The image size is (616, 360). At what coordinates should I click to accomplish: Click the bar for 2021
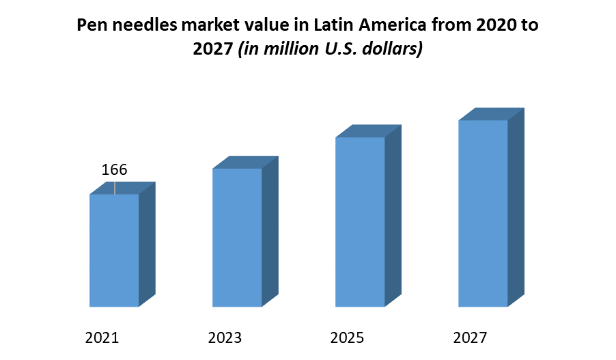pyautogui.click(x=114, y=250)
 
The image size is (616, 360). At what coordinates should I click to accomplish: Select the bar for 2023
pyautogui.click(x=237, y=237)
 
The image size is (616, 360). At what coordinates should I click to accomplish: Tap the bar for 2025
pyautogui.click(x=360, y=222)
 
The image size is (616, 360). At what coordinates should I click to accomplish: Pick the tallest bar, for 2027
pyautogui.click(x=483, y=213)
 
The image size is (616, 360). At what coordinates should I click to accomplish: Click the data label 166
pyautogui.click(x=115, y=170)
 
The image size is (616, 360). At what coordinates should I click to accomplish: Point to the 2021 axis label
pyautogui.click(x=102, y=337)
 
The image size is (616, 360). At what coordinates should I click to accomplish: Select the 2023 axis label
pyautogui.click(x=225, y=337)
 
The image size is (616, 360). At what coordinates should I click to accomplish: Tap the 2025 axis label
pyautogui.click(x=348, y=337)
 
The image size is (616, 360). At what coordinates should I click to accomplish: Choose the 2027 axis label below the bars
pyautogui.click(x=471, y=337)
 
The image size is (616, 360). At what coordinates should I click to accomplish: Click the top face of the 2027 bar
pyautogui.click(x=491, y=114)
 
